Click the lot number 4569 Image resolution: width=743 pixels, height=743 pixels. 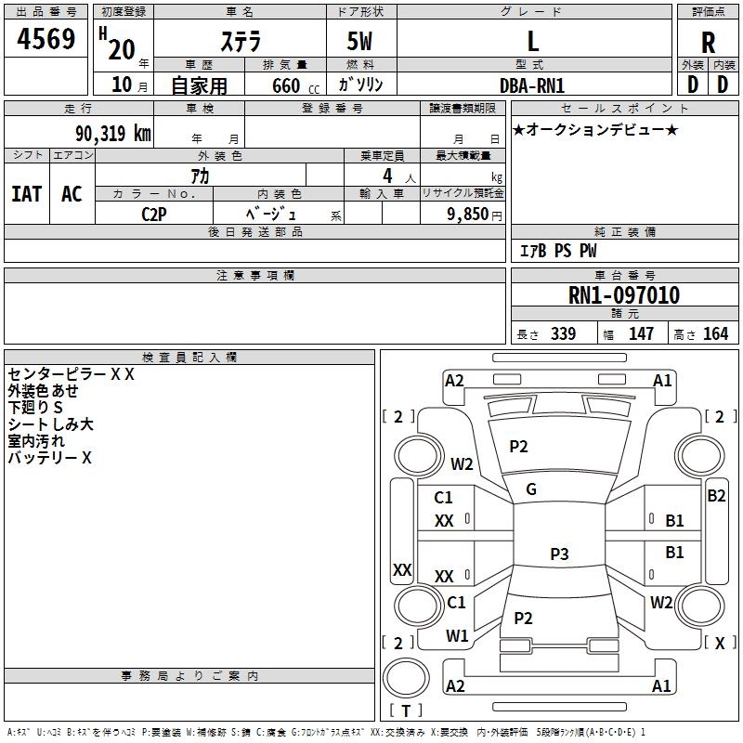click(x=46, y=39)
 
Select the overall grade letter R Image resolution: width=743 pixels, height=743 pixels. click(x=708, y=43)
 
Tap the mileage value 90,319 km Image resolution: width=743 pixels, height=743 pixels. click(x=113, y=134)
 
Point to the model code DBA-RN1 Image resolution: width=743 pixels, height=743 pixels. click(x=532, y=85)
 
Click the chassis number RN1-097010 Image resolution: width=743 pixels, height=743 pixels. click(x=623, y=295)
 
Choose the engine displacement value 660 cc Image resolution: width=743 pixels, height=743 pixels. click(x=295, y=85)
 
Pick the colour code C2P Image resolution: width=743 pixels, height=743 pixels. click(x=154, y=215)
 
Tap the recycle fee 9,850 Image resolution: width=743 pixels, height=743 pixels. click(x=467, y=215)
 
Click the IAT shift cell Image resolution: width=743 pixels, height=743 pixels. click(x=27, y=194)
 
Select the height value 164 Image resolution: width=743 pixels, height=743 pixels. click(x=715, y=333)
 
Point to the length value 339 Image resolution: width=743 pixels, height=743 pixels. click(x=564, y=333)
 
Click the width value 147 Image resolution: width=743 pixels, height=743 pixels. click(x=641, y=333)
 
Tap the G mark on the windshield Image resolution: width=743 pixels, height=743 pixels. click(x=531, y=489)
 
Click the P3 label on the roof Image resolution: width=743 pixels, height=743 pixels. click(x=559, y=554)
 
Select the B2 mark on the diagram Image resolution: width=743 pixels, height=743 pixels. click(x=716, y=496)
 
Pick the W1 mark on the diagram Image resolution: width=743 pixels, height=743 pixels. click(x=457, y=635)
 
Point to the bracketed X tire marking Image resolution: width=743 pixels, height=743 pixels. click(x=720, y=643)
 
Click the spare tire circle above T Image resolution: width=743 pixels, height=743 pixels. click(x=406, y=678)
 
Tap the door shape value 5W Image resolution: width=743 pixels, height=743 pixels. click(x=359, y=41)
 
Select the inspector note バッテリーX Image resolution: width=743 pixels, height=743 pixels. click(x=49, y=458)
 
